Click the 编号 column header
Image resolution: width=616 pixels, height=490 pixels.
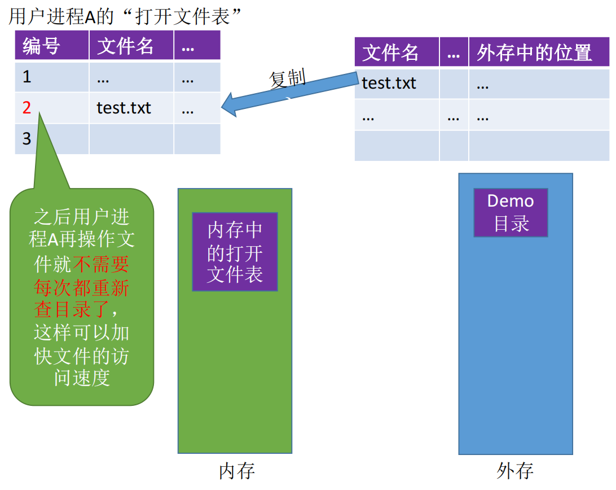click(41, 46)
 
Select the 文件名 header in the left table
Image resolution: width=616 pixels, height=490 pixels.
click(125, 46)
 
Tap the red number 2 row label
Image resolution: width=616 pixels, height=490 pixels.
click(27, 107)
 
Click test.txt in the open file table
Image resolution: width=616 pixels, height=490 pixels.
click(124, 108)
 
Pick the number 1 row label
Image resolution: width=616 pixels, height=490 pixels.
click(27, 77)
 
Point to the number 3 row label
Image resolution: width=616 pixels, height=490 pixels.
click(27, 138)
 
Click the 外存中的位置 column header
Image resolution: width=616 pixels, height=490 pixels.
click(534, 53)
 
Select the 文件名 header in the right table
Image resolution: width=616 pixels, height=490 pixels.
click(390, 53)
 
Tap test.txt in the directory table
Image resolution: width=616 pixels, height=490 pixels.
click(389, 83)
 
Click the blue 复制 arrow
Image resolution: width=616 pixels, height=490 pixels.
click(290, 93)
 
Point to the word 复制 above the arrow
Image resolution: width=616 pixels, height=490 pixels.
click(287, 78)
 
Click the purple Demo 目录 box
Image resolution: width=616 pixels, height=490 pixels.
click(511, 212)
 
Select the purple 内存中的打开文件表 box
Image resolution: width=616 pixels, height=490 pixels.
click(235, 252)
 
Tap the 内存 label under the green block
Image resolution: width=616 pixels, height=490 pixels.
click(236, 471)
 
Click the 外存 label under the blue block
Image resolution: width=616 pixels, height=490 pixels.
click(514, 471)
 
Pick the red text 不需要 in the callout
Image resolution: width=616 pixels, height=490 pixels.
click(100, 264)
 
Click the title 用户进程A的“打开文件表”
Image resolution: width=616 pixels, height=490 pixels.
click(125, 16)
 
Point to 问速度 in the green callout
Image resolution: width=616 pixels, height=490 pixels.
click(82, 378)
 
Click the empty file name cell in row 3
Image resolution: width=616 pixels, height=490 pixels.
click(131, 139)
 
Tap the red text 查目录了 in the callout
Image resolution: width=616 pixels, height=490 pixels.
click(71, 309)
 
